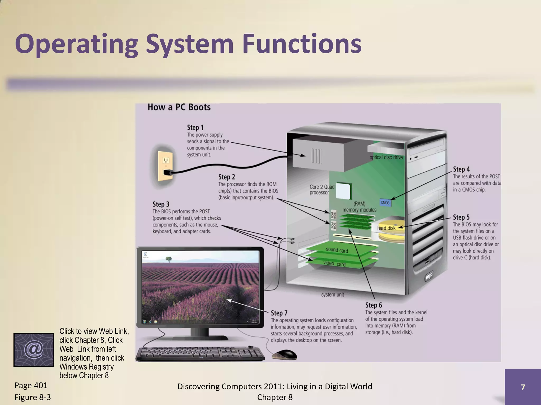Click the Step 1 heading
(195, 128)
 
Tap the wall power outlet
(165, 166)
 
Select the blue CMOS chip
(385, 202)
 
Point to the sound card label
(337, 250)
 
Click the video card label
(334, 264)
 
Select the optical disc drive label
(386, 157)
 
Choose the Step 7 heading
(279, 313)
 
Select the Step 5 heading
(461, 217)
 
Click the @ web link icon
(34, 350)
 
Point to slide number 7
(523, 387)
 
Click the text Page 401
(31, 385)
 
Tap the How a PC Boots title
(179, 107)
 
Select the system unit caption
(332, 295)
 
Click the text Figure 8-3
(32, 397)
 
